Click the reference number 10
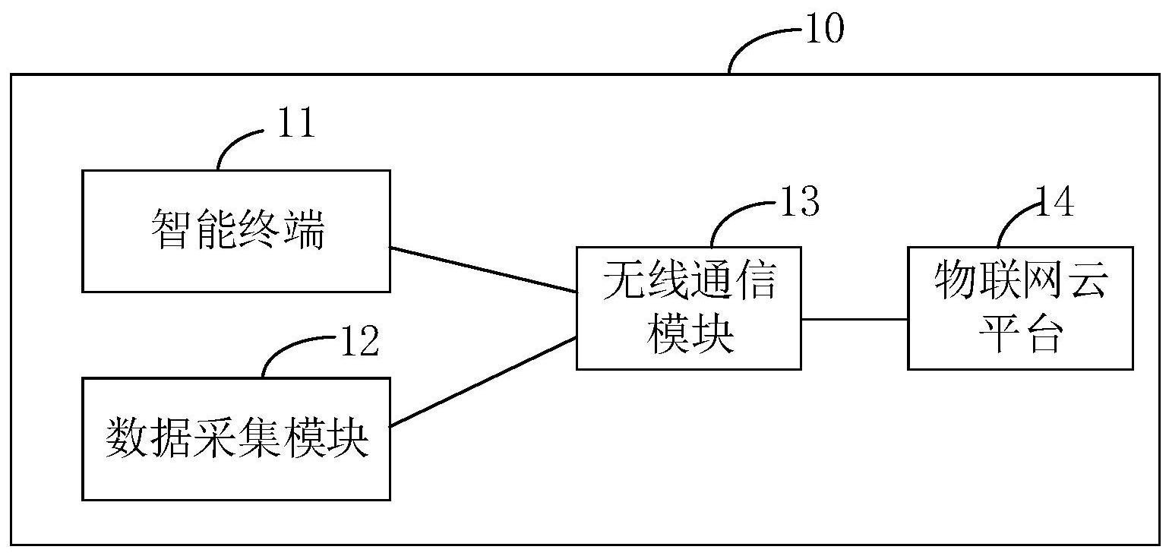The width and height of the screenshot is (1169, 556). click(x=823, y=30)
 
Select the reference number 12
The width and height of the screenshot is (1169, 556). click(x=358, y=342)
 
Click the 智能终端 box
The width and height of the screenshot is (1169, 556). click(x=236, y=231)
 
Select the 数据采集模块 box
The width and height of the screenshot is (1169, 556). click(x=236, y=439)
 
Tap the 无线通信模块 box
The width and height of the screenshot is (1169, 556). click(x=688, y=308)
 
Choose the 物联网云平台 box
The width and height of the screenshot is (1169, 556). click(x=1020, y=308)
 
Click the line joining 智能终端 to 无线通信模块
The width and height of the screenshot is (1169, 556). click(x=483, y=270)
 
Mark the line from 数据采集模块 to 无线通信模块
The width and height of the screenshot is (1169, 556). click(x=483, y=381)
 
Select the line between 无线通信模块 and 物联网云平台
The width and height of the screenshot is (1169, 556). click(x=855, y=319)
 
